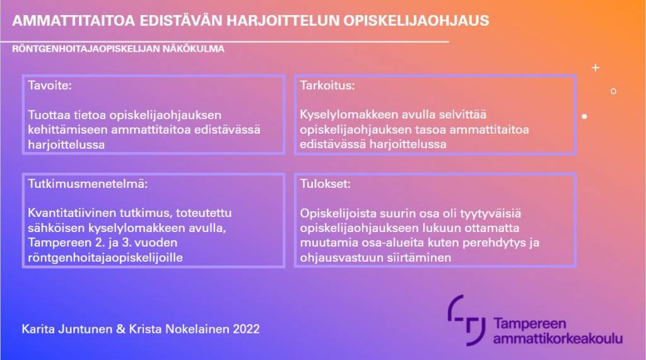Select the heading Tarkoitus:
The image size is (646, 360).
[327, 86]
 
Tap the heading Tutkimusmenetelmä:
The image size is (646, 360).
[87, 184]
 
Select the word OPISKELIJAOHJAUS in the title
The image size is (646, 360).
[416, 21]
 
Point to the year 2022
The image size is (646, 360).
[246, 329]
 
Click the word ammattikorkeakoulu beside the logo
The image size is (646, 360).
[558, 339]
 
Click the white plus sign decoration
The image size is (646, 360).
[595, 67]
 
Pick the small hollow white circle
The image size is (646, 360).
[613, 91]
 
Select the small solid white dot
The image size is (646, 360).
[585, 117]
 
